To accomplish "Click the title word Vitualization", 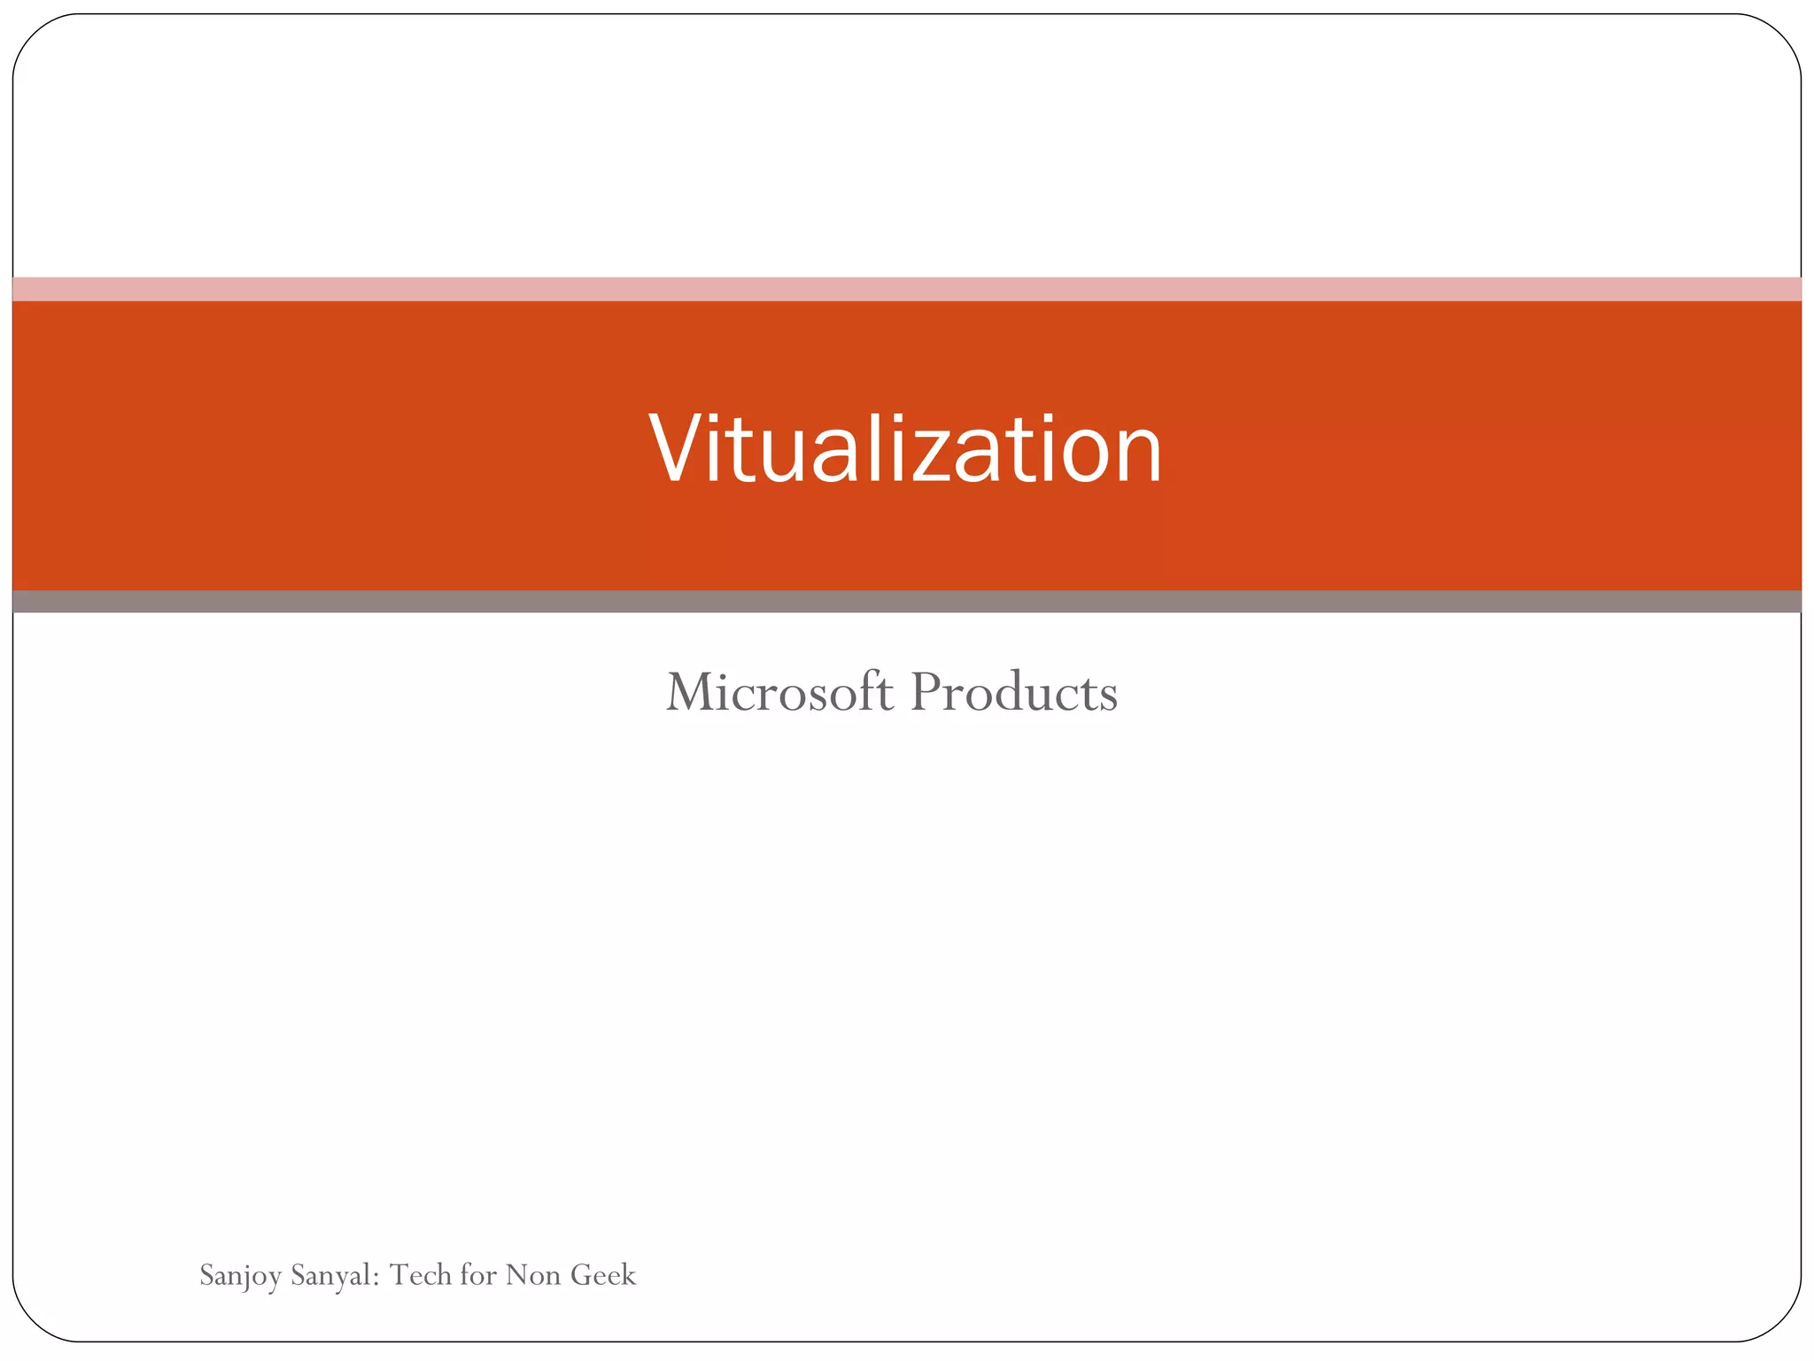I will point(905,450).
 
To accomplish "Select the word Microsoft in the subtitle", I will point(779,692).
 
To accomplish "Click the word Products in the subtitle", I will point(1014,692).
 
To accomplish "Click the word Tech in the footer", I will point(421,1275).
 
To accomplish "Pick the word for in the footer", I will point(478,1275).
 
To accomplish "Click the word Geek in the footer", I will point(603,1275).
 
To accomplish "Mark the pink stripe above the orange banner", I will point(907,289).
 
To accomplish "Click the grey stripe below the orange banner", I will point(907,602).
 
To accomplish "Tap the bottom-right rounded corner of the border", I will point(1782,1324).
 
